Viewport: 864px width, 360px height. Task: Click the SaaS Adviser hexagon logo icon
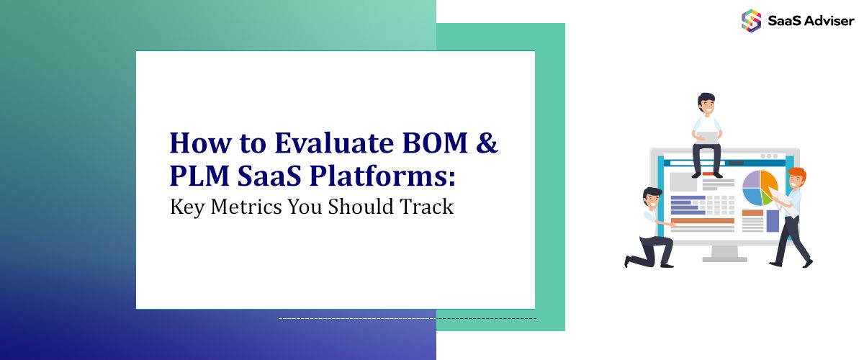[751, 19]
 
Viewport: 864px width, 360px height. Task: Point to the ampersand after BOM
[487, 143]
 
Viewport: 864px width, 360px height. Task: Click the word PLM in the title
[198, 175]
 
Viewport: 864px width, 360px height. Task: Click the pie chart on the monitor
[760, 187]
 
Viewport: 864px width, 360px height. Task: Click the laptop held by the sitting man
[706, 137]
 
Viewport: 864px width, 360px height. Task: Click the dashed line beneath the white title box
[407, 318]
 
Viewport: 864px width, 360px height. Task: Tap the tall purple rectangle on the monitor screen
[773, 220]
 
